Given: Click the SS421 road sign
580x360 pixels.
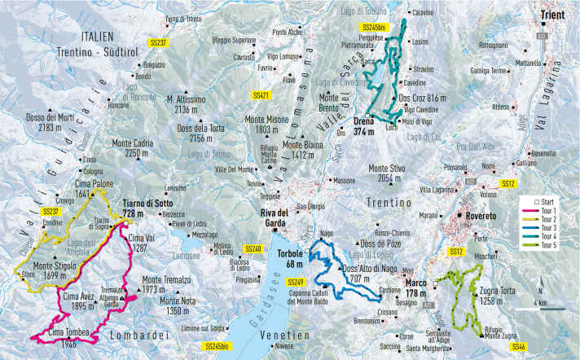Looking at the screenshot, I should point(260,96).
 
